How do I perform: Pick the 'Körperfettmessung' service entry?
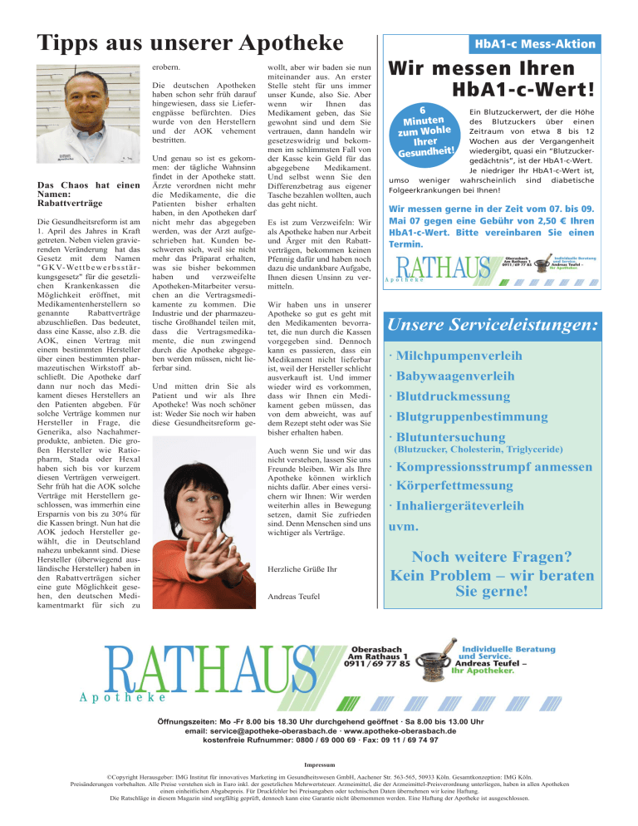[x=473, y=484]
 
